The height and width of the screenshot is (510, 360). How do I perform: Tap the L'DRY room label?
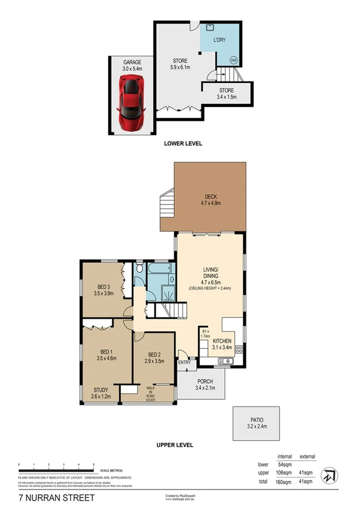point(219,40)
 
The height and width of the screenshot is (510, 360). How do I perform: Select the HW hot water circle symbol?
point(233,60)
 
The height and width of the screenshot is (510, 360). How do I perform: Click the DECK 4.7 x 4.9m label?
point(211,200)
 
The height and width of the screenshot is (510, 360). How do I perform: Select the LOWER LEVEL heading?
point(183,144)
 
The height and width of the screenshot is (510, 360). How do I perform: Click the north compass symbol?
point(329,475)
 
